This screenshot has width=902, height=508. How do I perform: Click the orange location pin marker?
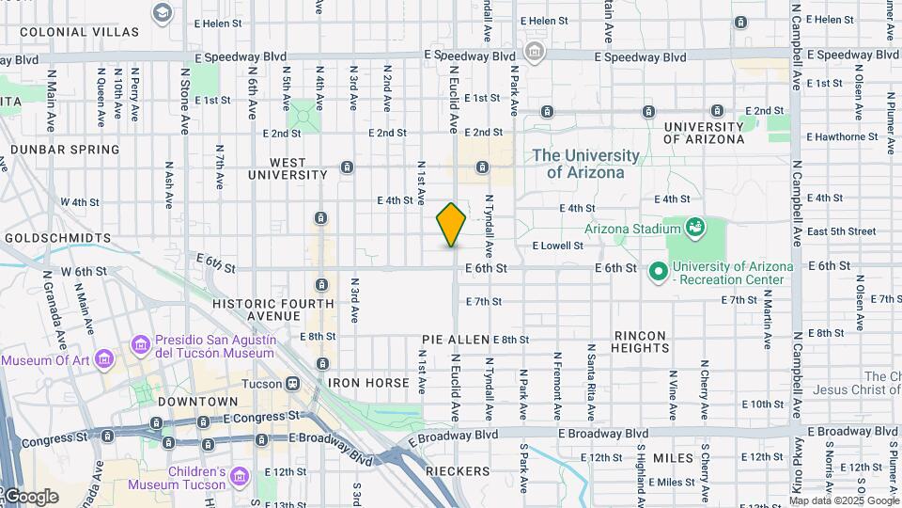pyautogui.click(x=451, y=225)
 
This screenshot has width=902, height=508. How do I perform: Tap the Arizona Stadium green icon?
pyautogui.click(x=694, y=227)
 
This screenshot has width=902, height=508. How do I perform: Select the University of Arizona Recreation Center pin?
pyautogui.click(x=659, y=273)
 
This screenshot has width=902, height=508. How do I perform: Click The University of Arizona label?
pyautogui.click(x=585, y=164)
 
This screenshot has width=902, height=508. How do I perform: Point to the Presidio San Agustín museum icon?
pyautogui.click(x=142, y=346)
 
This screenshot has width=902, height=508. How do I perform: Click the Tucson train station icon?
pyautogui.click(x=293, y=384)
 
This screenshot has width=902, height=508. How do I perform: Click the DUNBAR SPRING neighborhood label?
pyautogui.click(x=62, y=150)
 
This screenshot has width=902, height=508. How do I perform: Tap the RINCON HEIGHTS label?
pyautogui.click(x=642, y=341)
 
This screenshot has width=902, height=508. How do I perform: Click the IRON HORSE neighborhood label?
pyautogui.click(x=368, y=384)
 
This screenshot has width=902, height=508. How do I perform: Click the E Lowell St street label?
pyautogui.click(x=558, y=246)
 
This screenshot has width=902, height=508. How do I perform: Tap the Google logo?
pyautogui.click(x=32, y=497)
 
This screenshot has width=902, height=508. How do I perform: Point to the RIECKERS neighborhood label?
pyautogui.click(x=457, y=471)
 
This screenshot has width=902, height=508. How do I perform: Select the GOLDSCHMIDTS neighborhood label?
pyautogui.click(x=57, y=239)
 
